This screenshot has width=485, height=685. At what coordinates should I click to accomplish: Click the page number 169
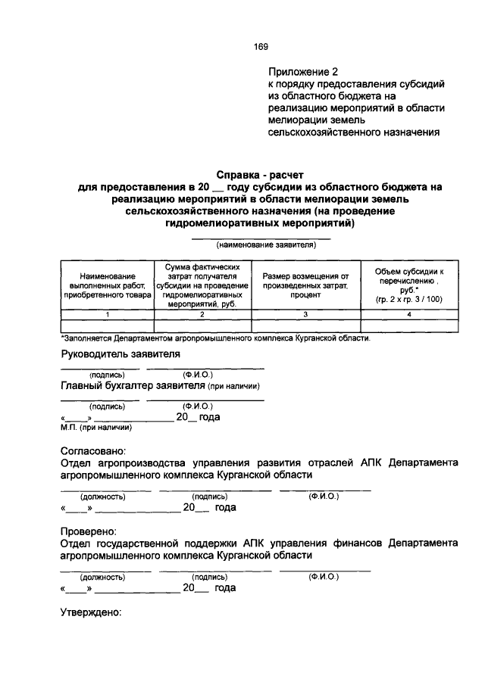[x=262, y=46]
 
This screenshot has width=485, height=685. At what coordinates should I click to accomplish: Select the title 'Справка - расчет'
[x=261, y=173]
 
